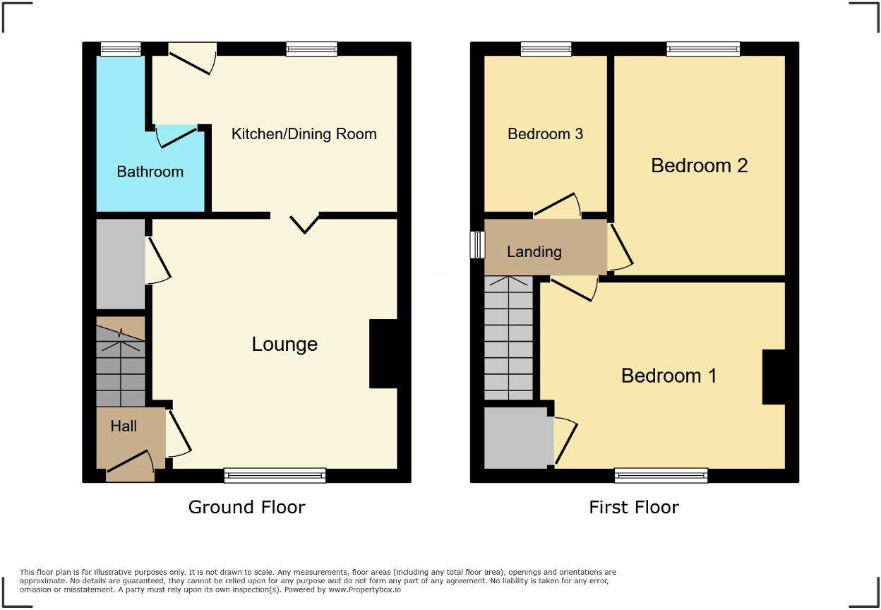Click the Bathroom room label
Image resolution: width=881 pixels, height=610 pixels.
[150, 172]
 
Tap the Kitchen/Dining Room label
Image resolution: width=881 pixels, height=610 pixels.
[304, 134]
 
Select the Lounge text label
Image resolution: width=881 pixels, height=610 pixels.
[284, 345]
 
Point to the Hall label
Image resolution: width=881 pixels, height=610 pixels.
[124, 426]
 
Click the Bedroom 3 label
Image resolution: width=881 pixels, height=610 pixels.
[545, 134]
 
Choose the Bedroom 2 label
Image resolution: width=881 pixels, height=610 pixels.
[699, 166]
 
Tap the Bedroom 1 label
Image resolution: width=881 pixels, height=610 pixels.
[669, 376]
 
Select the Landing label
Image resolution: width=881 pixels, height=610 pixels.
[534, 251]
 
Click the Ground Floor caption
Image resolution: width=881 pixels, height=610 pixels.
[246, 507]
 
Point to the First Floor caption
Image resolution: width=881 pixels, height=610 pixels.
[633, 507]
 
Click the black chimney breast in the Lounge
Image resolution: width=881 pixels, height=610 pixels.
[383, 354]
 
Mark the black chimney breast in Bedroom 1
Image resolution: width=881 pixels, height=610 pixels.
[774, 377]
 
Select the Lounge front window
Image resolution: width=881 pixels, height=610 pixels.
[275, 475]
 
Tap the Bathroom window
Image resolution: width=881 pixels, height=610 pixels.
[120, 49]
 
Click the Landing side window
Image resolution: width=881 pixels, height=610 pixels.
[478, 245]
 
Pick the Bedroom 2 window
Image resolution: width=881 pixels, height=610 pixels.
[702, 49]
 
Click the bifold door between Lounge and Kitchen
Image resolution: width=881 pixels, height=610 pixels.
[304, 222]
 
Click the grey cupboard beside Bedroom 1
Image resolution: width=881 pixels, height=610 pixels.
[516, 438]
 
